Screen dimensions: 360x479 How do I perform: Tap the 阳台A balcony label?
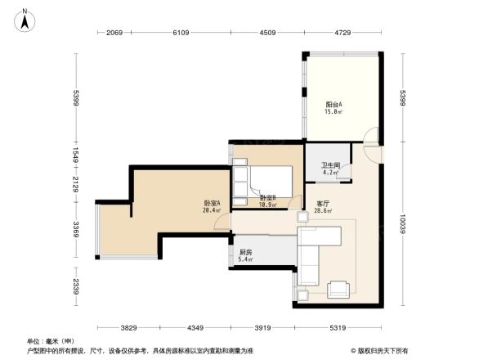(x=334, y=105)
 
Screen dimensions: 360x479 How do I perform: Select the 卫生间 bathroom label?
(x=329, y=164)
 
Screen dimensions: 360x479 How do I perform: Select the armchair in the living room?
(x=338, y=289)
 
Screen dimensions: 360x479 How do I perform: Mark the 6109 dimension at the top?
(x=181, y=33)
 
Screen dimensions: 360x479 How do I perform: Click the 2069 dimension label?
(x=114, y=33)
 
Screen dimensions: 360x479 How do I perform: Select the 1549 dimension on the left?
(x=75, y=155)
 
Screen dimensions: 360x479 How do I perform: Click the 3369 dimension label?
(x=75, y=227)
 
